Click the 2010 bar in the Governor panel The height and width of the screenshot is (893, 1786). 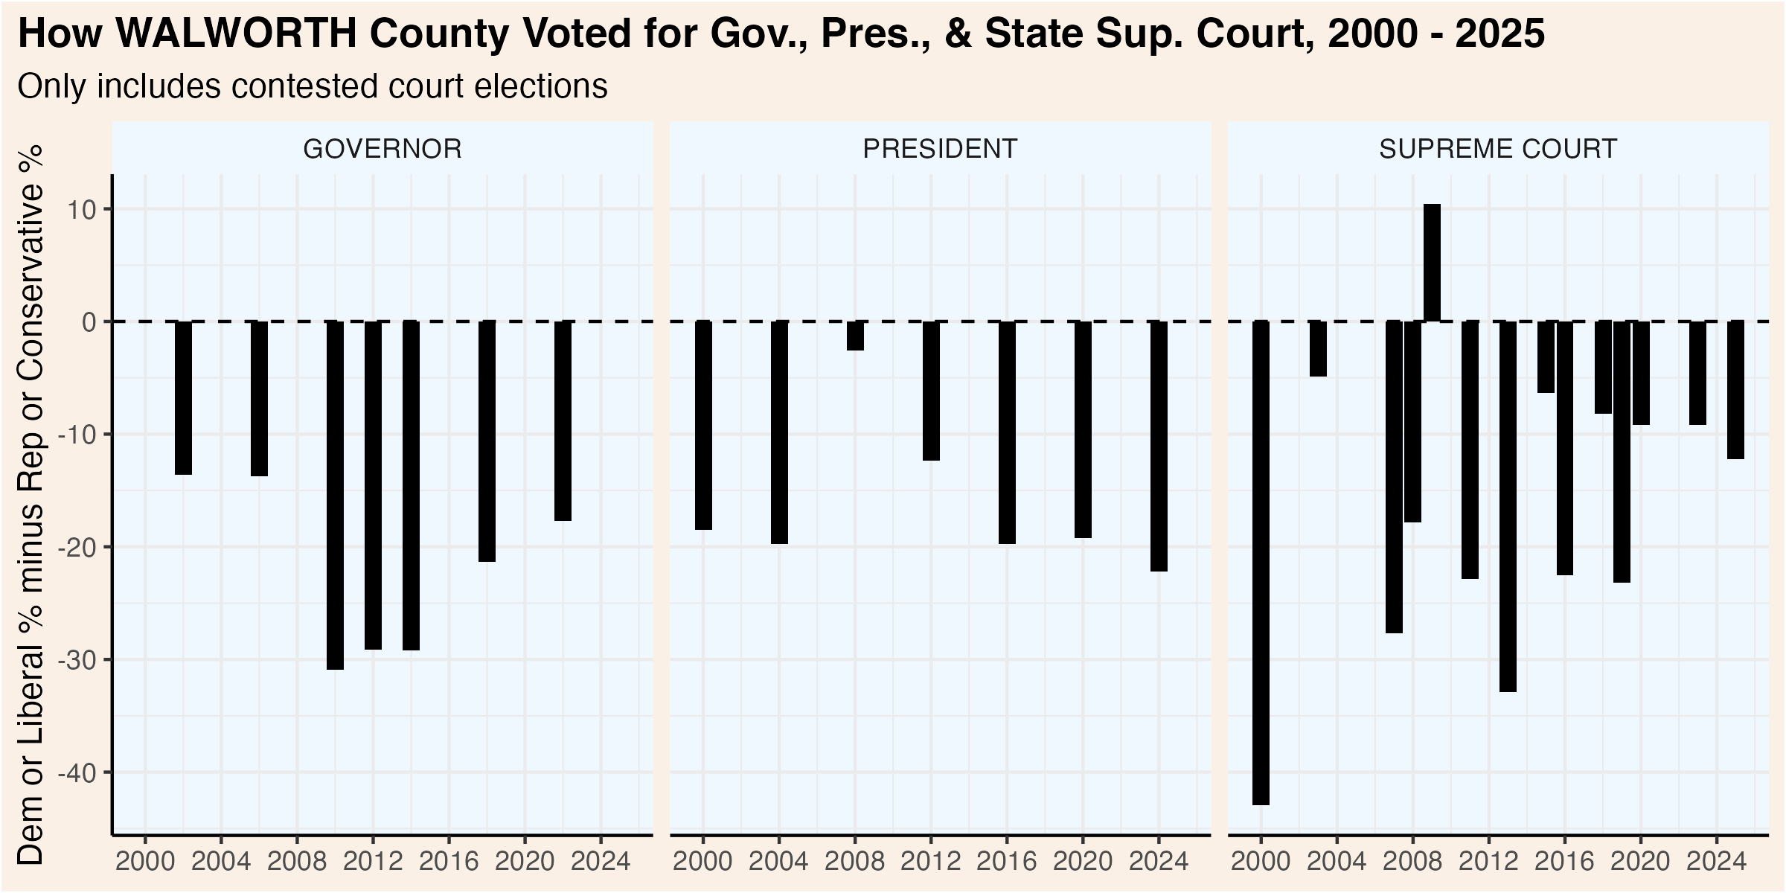[335, 495]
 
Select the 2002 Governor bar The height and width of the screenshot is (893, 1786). [183, 397]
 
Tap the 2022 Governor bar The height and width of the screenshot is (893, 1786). [563, 420]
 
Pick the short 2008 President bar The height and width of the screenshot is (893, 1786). [855, 336]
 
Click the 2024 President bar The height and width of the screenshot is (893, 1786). [1159, 446]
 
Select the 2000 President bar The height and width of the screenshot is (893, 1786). [703, 425]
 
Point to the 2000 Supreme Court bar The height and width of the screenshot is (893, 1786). [1261, 563]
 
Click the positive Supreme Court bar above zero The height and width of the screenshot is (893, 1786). [1432, 263]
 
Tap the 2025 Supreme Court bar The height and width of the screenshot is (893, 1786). [1735, 390]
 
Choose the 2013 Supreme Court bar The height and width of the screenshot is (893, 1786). [1508, 506]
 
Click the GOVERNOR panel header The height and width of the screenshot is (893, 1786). [383, 149]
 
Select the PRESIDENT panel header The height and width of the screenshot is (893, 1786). [940, 149]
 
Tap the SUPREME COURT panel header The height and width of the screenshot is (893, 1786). [1498, 149]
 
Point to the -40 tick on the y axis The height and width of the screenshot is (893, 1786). [77, 773]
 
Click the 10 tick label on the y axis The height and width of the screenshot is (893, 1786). [82, 210]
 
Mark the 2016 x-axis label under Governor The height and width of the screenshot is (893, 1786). [449, 862]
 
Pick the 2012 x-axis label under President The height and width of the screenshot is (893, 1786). [931, 862]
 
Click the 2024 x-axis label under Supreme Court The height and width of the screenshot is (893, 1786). [1716, 862]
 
